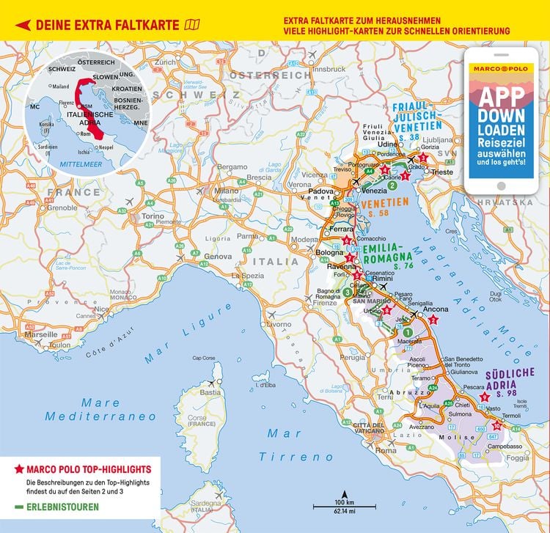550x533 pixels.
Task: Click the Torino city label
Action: (153, 216)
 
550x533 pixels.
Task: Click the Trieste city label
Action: (441, 172)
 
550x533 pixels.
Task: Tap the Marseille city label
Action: (41, 334)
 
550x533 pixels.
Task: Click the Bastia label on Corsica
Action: (211, 392)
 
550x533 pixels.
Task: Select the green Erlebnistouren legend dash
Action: (18, 507)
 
